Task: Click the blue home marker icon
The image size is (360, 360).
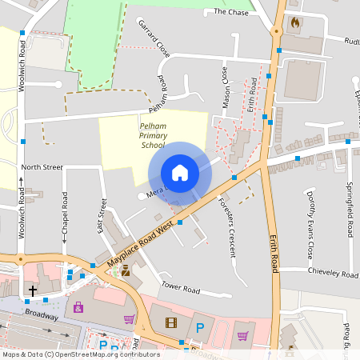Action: click(180, 173)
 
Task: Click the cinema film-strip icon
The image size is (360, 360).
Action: click(170, 323)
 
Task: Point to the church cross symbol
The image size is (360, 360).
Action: click(33, 290)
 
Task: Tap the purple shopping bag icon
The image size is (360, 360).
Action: click(78, 306)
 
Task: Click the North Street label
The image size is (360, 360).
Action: click(42, 167)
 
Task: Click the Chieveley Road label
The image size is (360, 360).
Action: click(332, 273)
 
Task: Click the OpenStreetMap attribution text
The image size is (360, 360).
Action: click(80, 354)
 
